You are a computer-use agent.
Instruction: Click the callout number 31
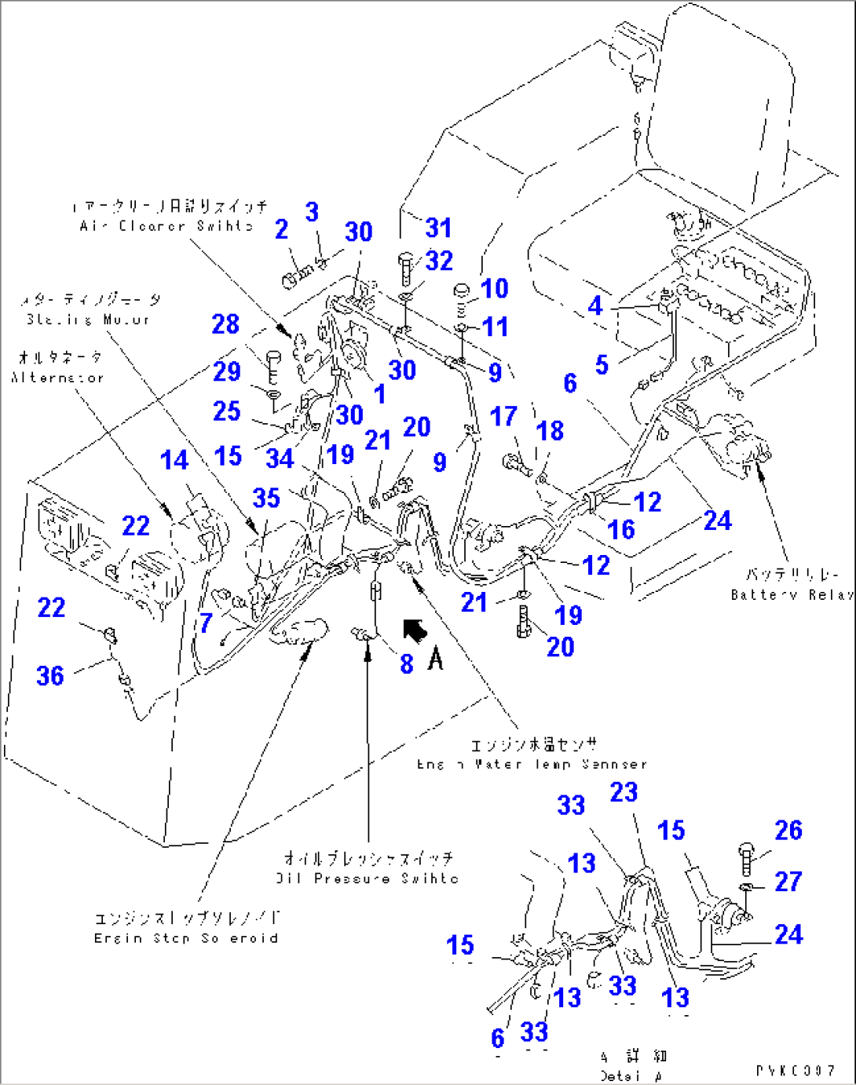tap(438, 228)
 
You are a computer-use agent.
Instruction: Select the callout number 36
tap(50, 675)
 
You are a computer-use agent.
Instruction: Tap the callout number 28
tap(225, 323)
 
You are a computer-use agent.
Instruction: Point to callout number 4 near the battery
tap(595, 305)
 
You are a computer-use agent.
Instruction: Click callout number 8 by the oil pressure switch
tap(406, 663)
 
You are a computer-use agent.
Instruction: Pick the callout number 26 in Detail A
tap(788, 830)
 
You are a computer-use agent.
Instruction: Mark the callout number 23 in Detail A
tap(624, 791)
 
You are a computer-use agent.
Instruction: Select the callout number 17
tap(503, 416)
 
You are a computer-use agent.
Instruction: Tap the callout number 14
tap(174, 460)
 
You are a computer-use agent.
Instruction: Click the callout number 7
tap(206, 623)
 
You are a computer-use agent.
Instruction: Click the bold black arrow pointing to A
tap(415, 630)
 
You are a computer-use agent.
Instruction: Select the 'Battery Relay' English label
tap(791, 595)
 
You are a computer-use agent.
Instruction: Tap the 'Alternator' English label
tap(57, 378)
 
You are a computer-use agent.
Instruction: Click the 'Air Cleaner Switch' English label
tap(166, 226)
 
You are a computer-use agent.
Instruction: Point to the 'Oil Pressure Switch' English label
tap(367, 879)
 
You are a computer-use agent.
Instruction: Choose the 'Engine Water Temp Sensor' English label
tap(532, 764)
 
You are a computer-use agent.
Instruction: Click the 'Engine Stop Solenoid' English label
tap(185, 938)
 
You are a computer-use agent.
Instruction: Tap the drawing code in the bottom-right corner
tap(796, 1071)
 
